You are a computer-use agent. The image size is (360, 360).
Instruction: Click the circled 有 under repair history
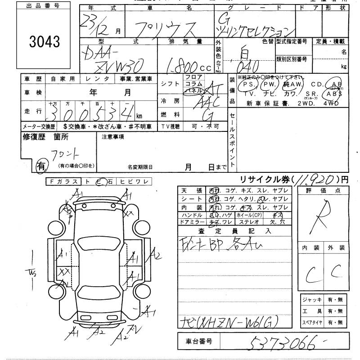click(x=41, y=166)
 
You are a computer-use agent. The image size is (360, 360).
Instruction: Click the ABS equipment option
click(x=334, y=94)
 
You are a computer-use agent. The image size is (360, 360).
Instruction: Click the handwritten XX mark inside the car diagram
click(x=64, y=272)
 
